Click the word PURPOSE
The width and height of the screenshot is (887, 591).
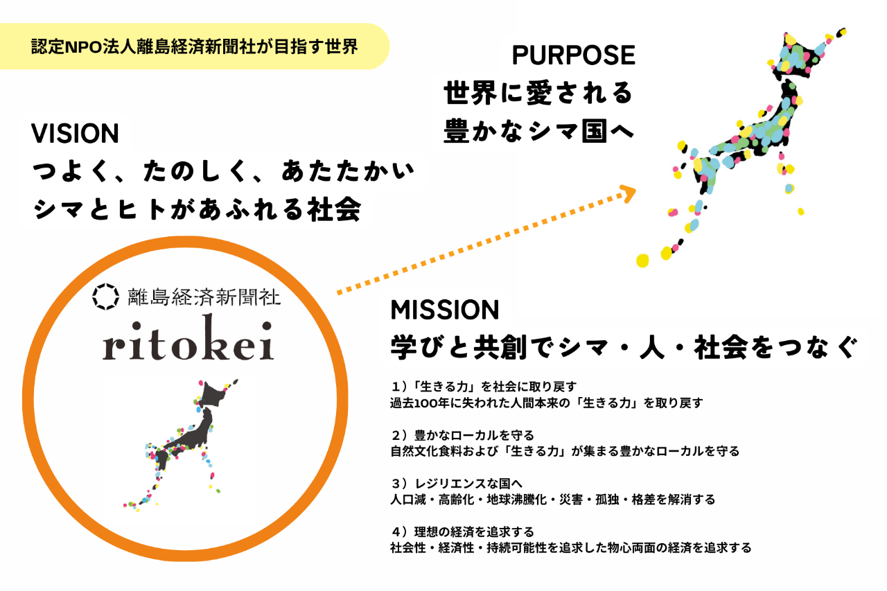click(x=573, y=55)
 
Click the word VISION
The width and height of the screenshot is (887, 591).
click(x=76, y=134)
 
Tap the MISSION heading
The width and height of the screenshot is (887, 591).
click(x=445, y=310)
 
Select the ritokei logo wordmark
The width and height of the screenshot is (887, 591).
click(x=188, y=337)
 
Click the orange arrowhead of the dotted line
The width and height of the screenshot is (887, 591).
click(x=628, y=193)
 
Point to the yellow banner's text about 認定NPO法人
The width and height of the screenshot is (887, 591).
click(x=195, y=46)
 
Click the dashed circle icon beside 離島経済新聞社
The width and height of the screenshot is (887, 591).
click(x=106, y=297)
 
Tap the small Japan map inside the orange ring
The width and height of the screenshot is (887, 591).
click(x=180, y=446)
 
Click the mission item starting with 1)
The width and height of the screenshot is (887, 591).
click(x=547, y=395)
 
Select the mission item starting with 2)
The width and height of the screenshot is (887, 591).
click(x=565, y=443)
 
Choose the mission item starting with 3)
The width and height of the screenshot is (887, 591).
click(x=553, y=492)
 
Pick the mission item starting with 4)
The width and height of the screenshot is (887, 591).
click(x=570, y=540)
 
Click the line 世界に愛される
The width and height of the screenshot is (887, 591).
click(x=538, y=93)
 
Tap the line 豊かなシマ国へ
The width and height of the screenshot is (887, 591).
click(x=538, y=131)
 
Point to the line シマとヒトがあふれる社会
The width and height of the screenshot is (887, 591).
click(x=197, y=209)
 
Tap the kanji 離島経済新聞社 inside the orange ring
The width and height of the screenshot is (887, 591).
click(x=204, y=297)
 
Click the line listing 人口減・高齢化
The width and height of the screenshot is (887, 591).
click(x=553, y=500)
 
